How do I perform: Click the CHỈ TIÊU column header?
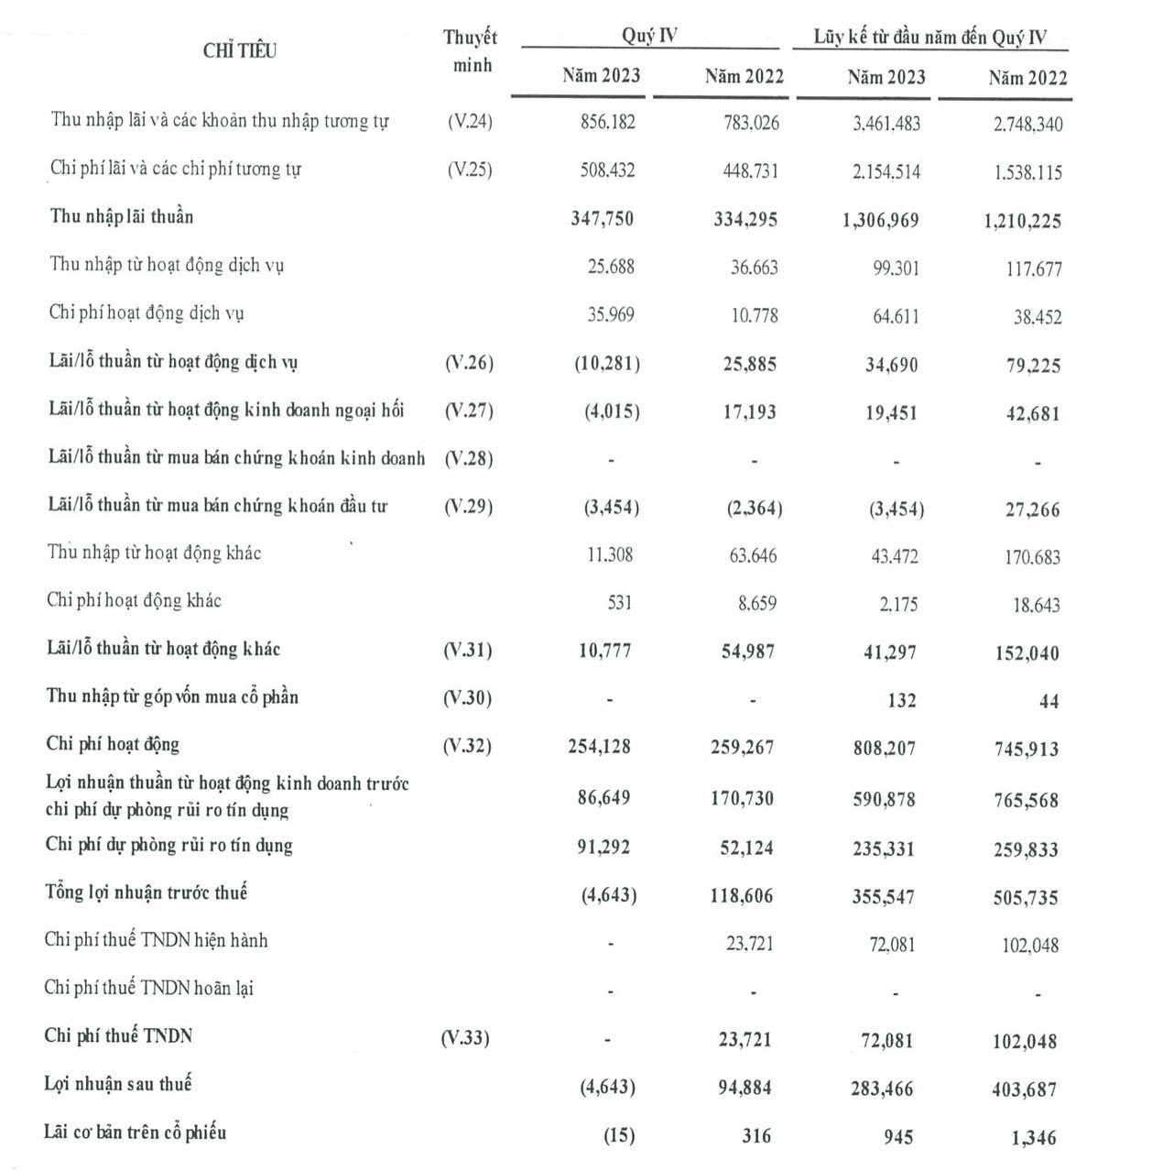pos(239,51)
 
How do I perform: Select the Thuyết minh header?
pos(471,51)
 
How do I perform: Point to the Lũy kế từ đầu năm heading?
pos(930,38)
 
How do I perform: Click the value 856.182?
pos(607,122)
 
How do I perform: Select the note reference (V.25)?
pos(470,170)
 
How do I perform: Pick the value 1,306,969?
pos(880,220)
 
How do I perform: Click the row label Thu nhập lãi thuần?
pos(122,217)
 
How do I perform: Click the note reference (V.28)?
pos(469,458)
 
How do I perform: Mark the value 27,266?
pos(1032,509)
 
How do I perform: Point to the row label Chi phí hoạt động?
pos(113,744)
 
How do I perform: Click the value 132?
pos(901,700)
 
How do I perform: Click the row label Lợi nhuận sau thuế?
pos(118,1084)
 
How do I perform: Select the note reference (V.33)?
pos(465,1038)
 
